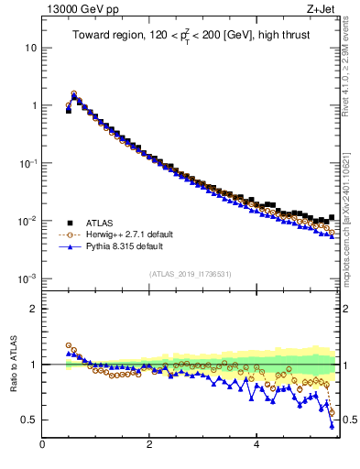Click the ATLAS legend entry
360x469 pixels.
101,222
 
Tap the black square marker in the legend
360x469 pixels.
69,222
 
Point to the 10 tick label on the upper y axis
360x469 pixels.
31,47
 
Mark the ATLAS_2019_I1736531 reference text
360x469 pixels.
190,274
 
